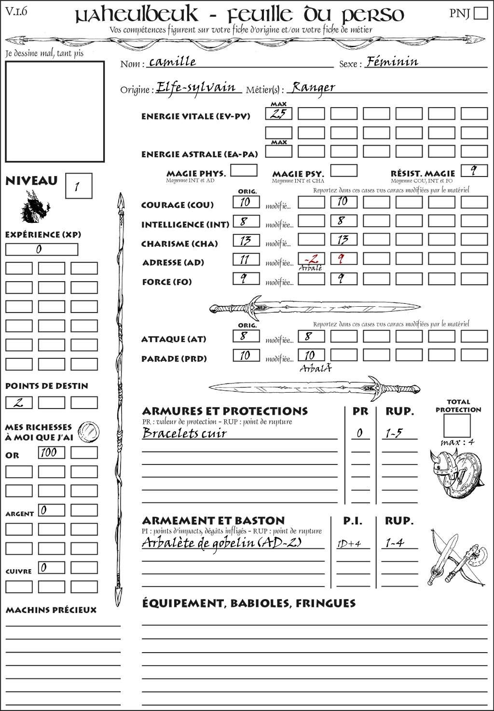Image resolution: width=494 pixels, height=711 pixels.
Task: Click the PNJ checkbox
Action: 481,13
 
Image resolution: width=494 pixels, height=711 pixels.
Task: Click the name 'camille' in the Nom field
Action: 172,62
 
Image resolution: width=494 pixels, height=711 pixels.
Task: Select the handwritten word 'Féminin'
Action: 392,62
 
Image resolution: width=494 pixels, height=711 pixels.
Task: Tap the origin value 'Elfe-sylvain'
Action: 196,88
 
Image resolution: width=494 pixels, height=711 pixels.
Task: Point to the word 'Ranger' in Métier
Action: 314,88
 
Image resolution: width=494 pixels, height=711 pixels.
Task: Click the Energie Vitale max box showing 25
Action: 279,114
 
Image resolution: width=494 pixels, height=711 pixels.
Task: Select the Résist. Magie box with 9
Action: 474,171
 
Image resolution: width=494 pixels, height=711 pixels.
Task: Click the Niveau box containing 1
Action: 78,186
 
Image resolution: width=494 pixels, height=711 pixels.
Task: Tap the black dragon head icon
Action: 35,207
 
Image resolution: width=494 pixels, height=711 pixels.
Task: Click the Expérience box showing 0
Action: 41,249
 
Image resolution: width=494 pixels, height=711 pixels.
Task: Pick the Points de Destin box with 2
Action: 19,402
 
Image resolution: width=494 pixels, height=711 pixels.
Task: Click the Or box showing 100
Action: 51,452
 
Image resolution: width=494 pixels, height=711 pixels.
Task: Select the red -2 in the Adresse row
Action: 311,259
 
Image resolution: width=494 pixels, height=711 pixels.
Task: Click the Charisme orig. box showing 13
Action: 246,240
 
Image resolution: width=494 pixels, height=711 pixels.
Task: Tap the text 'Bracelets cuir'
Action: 185,433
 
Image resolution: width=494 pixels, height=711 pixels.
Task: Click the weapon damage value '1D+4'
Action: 349,544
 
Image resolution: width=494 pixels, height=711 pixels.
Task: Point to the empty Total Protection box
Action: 456,425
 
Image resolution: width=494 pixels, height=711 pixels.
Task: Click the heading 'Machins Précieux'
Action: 51,610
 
